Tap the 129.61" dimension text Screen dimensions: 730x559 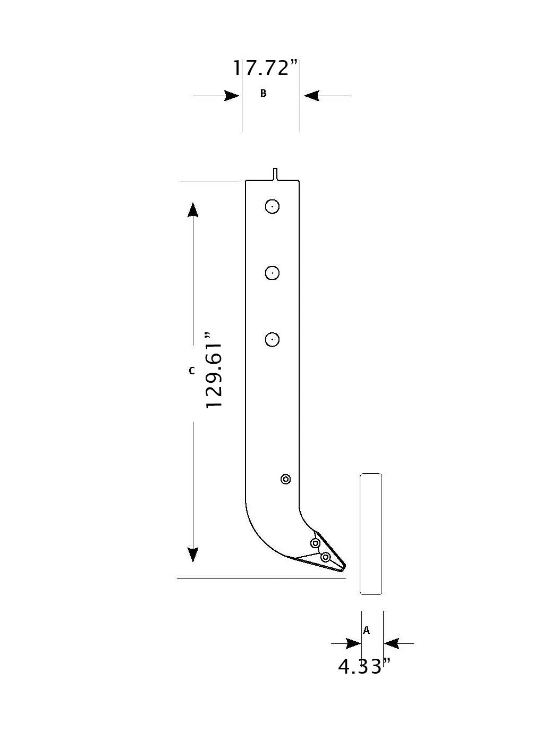(x=215, y=371)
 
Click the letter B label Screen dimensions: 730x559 (x=263, y=94)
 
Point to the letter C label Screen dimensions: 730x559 (x=192, y=371)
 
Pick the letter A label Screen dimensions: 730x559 (x=366, y=631)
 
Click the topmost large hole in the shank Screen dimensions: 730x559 (x=272, y=206)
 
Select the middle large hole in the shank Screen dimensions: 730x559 (x=272, y=273)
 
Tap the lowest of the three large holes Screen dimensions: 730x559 (x=272, y=339)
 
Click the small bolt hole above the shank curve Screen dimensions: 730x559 (x=286, y=480)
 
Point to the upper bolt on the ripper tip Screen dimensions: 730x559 (x=315, y=543)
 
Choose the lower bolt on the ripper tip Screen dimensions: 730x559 (x=326, y=557)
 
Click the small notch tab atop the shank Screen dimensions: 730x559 (x=275, y=174)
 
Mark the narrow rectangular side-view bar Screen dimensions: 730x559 (x=371, y=534)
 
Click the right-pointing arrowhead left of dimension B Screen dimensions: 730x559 (x=232, y=96)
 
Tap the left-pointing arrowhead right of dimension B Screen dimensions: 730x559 (x=311, y=96)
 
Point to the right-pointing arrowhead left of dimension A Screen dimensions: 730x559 (x=353, y=644)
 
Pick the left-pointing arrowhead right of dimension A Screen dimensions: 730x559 (x=392, y=644)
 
